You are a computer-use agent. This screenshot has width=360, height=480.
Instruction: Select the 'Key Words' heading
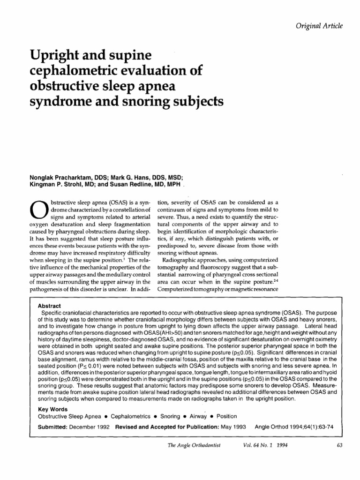coord(51,409)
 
